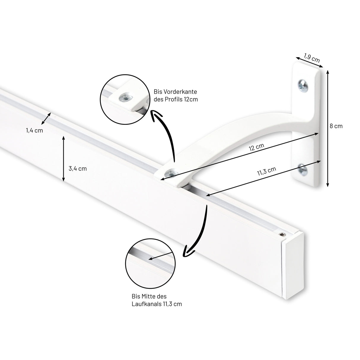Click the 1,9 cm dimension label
[312, 58]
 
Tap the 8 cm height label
[336, 126]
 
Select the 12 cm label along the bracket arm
[257, 147]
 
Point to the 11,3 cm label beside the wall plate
[267, 171]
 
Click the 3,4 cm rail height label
[78, 168]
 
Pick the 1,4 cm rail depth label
[34, 130]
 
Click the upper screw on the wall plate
[303, 86]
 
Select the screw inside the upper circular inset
[126, 98]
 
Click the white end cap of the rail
[293, 265]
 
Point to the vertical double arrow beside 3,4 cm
[63, 159]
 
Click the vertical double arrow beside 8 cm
[327, 128]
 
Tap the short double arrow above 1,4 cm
[46, 118]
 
